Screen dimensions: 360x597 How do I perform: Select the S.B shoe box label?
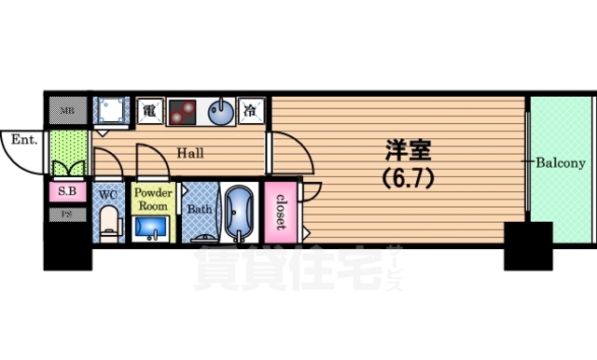pos(67,193)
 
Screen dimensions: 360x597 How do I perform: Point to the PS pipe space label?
pos(67,214)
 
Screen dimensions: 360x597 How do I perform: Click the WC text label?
pos(107,195)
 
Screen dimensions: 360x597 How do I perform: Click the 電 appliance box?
pos(148,111)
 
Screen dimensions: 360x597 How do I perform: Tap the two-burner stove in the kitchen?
pos(182,111)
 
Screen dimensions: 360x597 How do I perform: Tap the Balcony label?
pos(559,162)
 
